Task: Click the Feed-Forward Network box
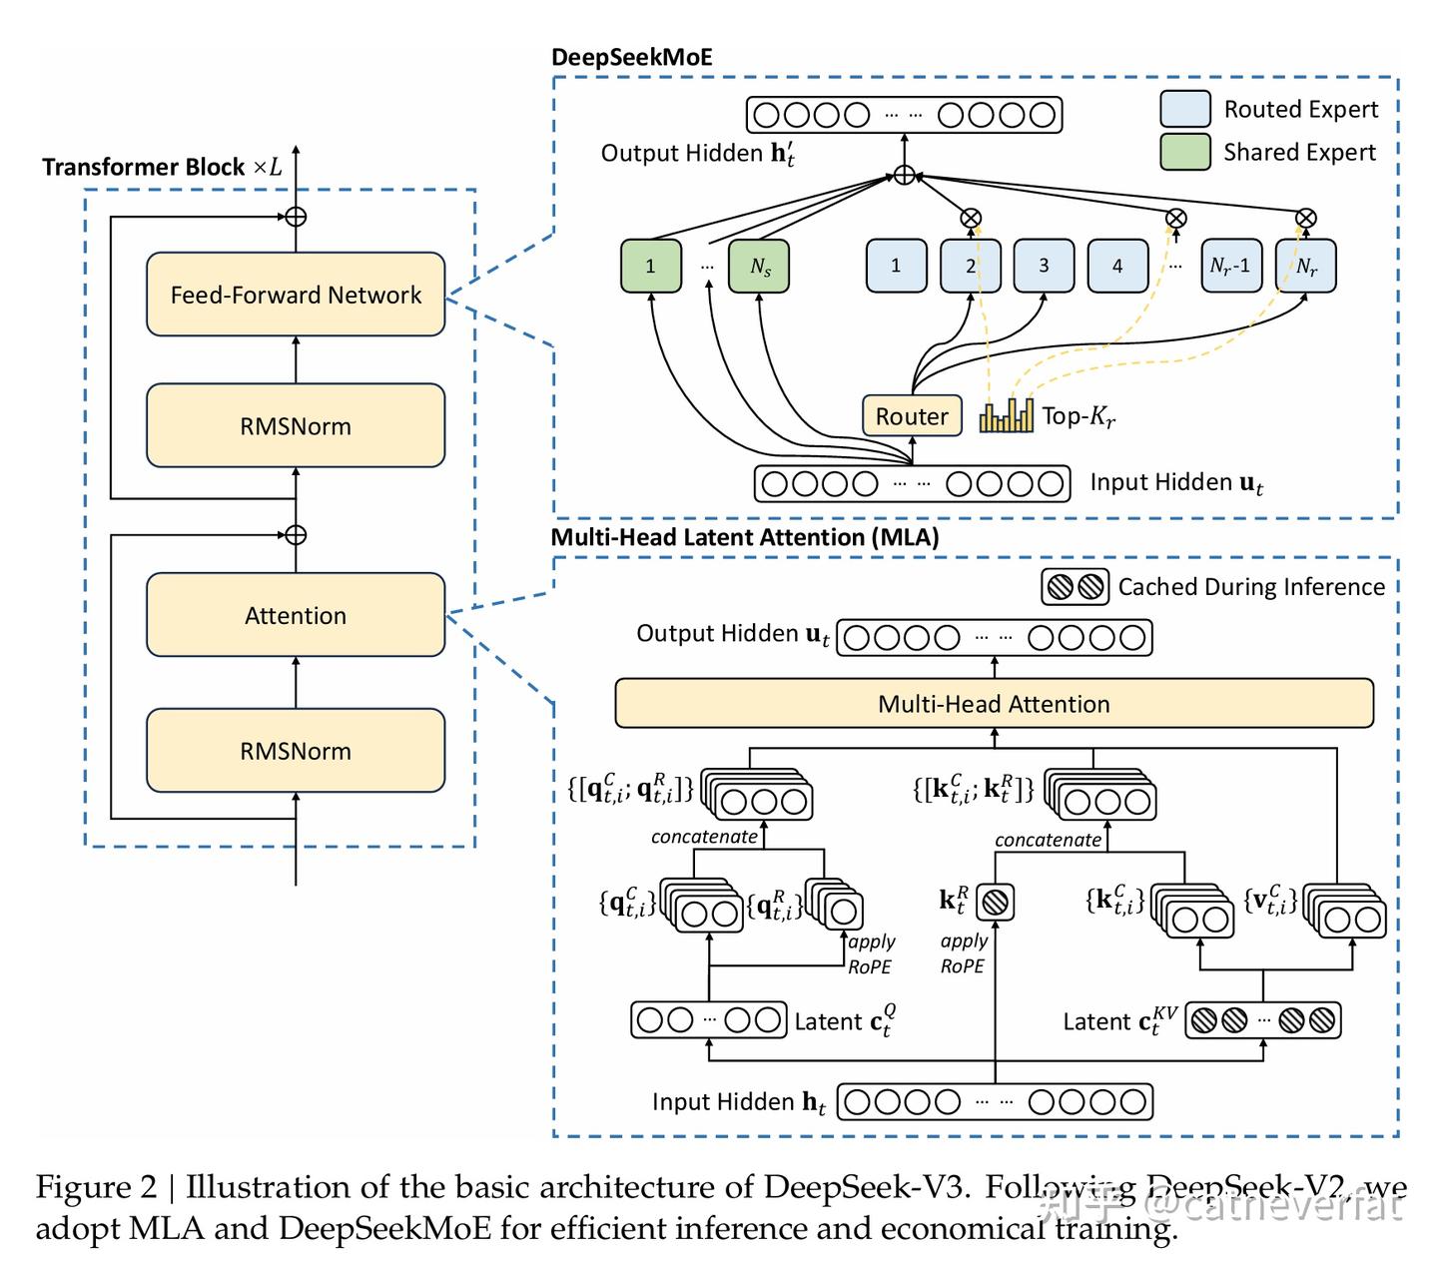[296, 295]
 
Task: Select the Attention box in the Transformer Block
[296, 615]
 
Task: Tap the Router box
[911, 416]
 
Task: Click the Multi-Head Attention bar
[994, 704]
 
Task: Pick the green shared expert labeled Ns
[759, 267]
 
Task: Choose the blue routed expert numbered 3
[1044, 266]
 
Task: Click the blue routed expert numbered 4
[1117, 266]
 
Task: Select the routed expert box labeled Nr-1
[1230, 266]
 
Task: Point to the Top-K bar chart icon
[1007, 415]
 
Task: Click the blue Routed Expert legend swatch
[1185, 109]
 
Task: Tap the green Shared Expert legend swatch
[1185, 152]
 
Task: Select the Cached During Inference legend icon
[1076, 587]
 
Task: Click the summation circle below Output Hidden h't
[904, 176]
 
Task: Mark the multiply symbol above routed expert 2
[971, 218]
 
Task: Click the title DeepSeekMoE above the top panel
[632, 57]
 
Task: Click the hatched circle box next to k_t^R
[995, 903]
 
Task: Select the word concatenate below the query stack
[704, 837]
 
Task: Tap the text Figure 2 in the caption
[96, 1187]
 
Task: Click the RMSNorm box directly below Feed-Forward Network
[296, 426]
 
